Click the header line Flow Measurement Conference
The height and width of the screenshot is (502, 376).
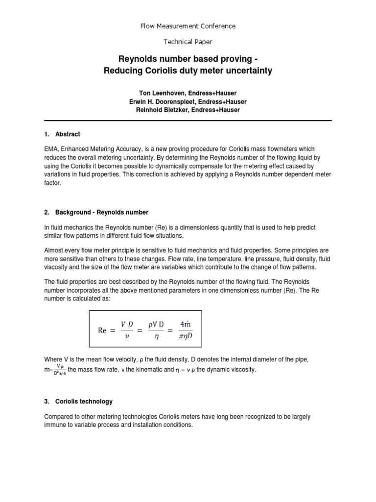[188, 26]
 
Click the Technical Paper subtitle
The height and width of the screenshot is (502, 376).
[188, 43]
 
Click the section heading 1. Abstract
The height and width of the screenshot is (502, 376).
[62, 134]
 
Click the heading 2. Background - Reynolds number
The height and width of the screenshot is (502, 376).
[96, 212]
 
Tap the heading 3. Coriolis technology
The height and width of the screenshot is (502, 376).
[78, 402]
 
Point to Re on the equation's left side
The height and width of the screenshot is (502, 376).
[102, 330]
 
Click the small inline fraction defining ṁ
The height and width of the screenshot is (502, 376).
[58, 368]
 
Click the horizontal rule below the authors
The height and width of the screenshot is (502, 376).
[188, 121]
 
